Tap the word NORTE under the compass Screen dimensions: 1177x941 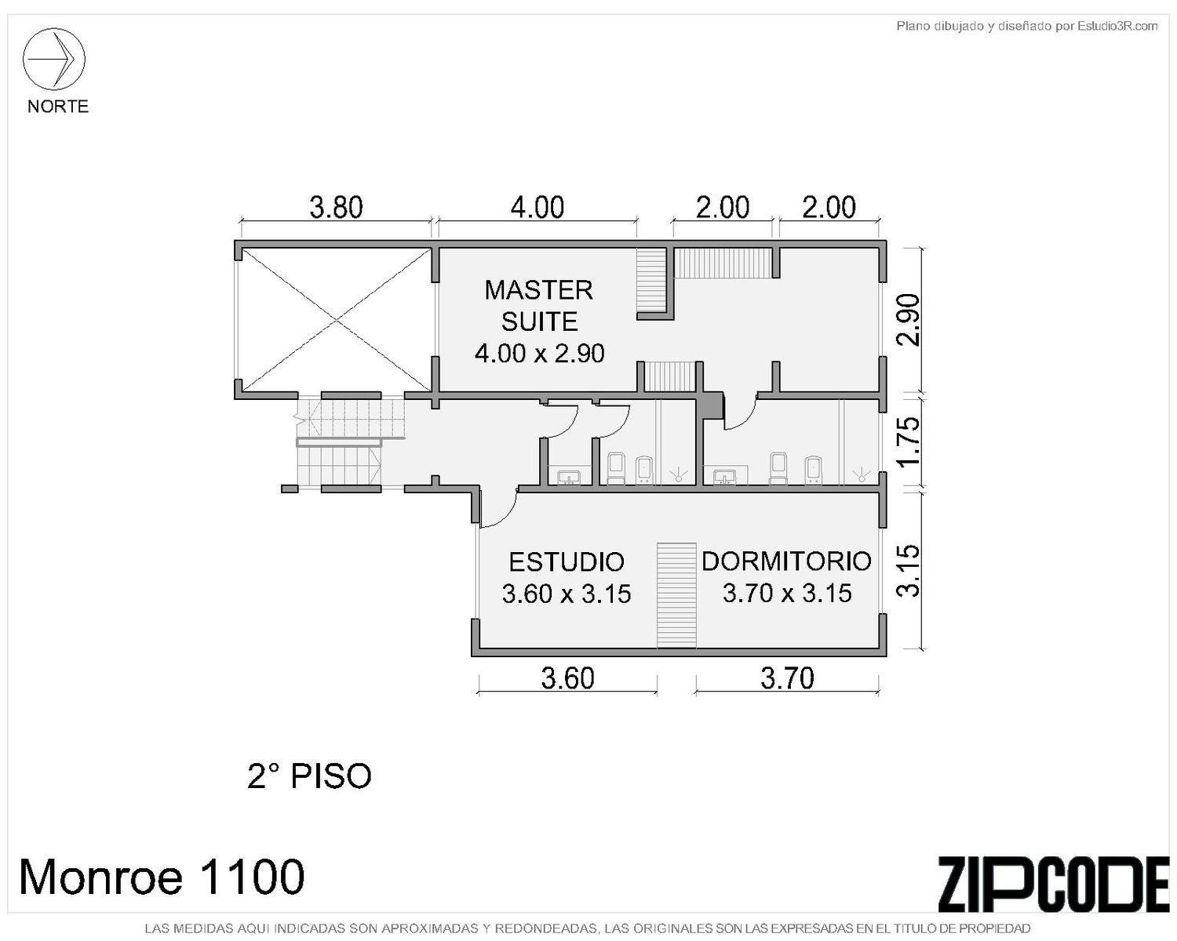coord(58,106)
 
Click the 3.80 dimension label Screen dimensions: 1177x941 coord(336,208)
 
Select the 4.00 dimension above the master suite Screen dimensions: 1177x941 coord(537,208)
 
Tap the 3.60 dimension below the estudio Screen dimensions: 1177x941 coord(568,678)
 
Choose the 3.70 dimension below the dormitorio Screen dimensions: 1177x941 coord(787,678)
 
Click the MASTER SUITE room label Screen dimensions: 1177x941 coord(539,306)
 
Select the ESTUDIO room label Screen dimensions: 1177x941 coord(567,561)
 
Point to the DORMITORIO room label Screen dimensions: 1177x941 coord(786,561)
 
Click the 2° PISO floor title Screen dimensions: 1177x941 coord(310,776)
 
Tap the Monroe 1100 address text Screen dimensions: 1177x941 coord(162,877)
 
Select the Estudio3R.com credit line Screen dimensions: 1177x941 coord(1026,26)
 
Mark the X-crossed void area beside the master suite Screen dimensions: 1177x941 coord(336,321)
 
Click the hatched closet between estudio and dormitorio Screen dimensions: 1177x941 coord(676,595)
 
